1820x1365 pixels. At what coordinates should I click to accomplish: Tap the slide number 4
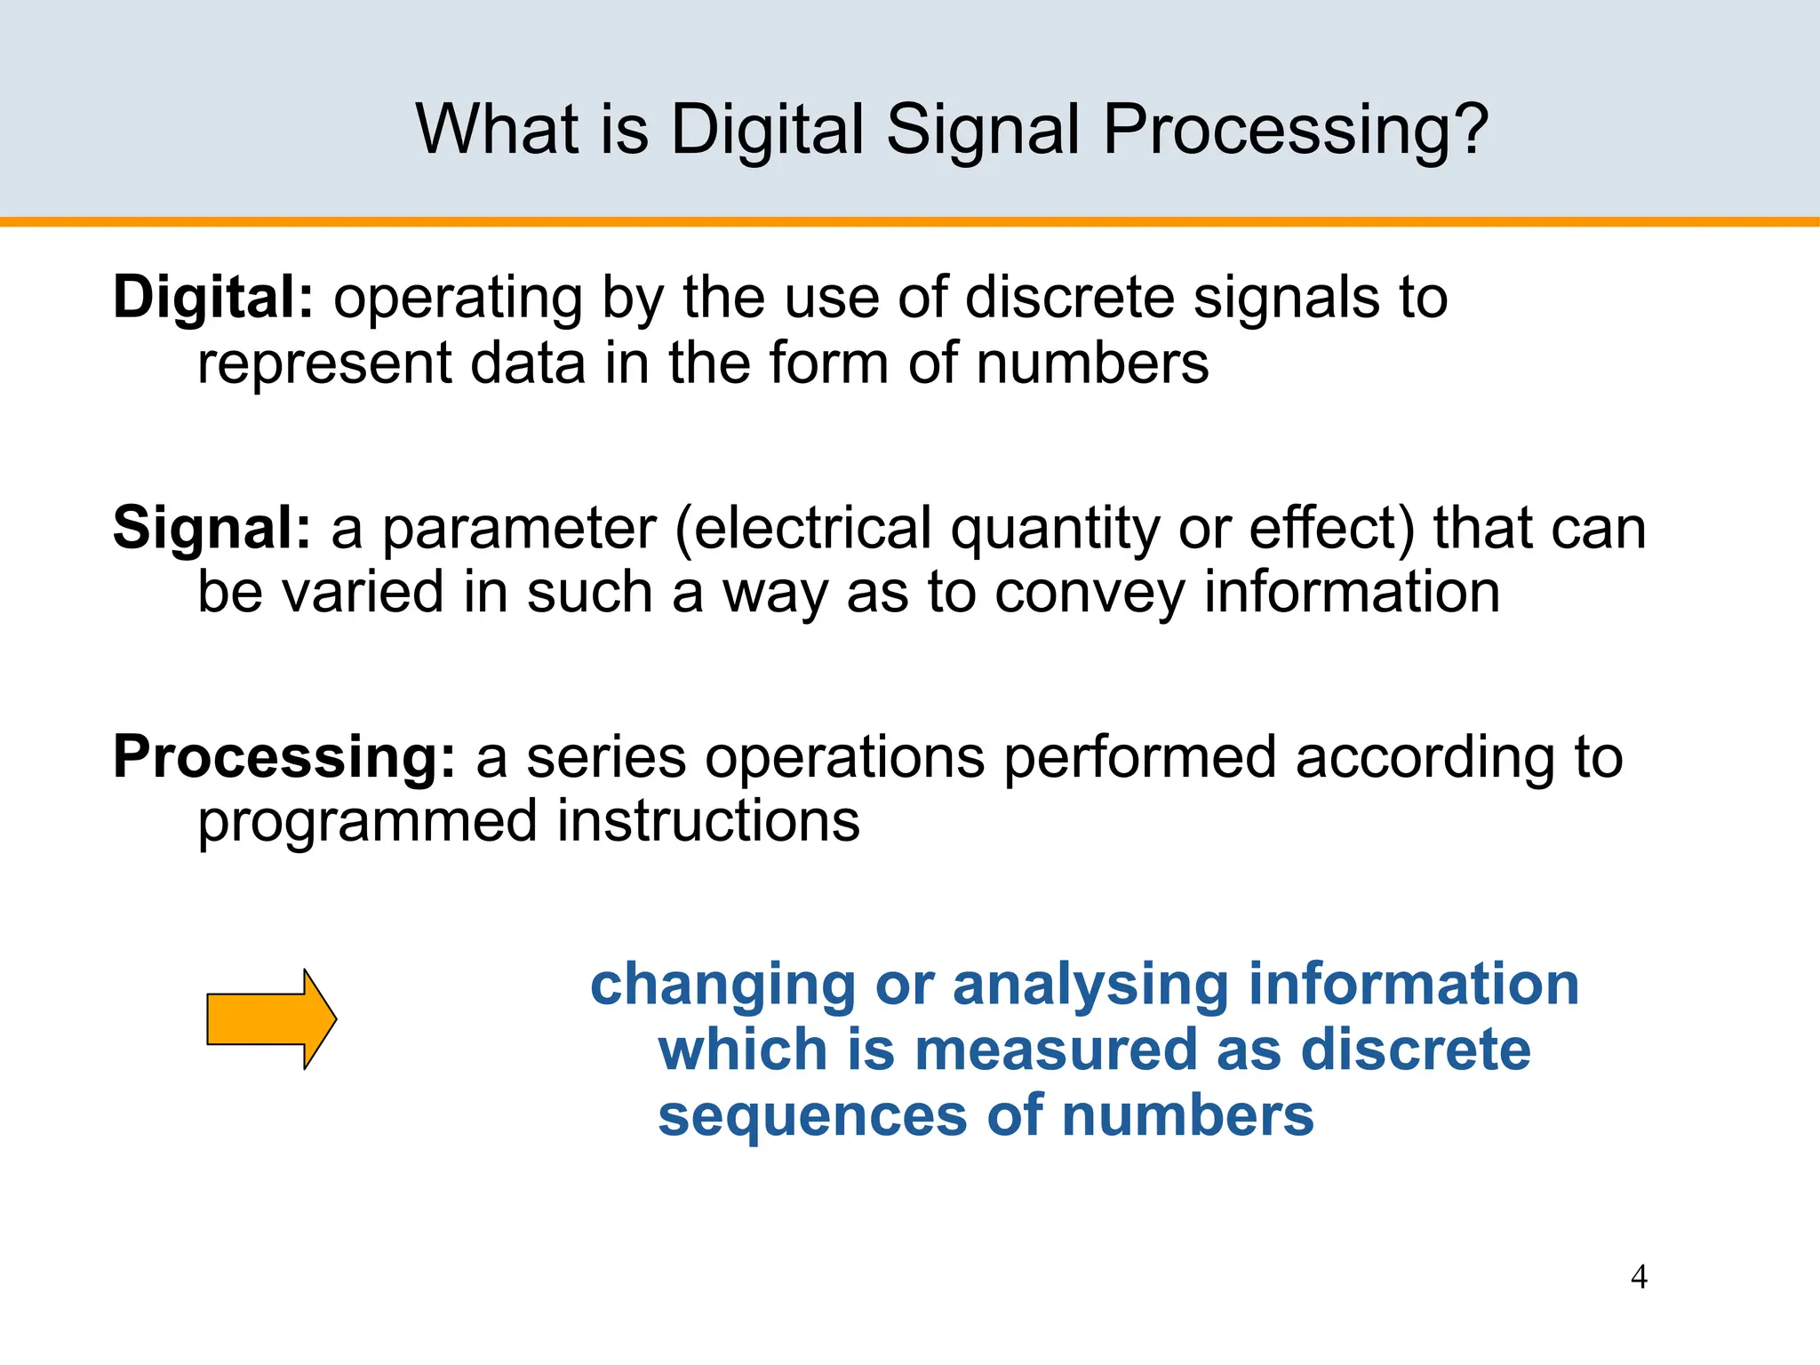pyautogui.click(x=1639, y=1277)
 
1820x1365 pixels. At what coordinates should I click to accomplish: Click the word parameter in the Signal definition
pyautogui.click(x=519, y=530)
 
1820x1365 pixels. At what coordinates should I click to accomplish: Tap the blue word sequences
pyautogui.click(x=811, y=1117)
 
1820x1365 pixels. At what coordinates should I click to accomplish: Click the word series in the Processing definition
pyautogui.click(x=606, y=758)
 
